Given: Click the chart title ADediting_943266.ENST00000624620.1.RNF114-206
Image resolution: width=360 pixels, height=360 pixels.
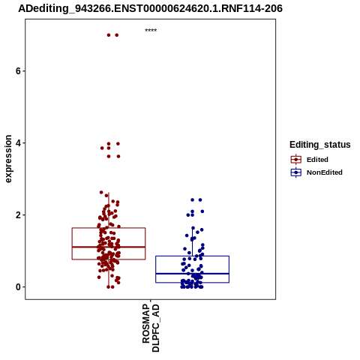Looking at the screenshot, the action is (x=150, y=8).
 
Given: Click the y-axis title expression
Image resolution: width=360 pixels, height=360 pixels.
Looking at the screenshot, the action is (x=8, y=159).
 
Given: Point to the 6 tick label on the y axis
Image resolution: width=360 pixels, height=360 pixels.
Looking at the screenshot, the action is (x=18, y=71).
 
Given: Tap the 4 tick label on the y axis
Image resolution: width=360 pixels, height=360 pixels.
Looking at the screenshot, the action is (x=18, y=143).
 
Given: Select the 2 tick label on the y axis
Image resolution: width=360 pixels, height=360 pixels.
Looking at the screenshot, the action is (x=18, y=215).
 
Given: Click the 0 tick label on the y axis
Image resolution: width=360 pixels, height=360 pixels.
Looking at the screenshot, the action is (x=18, y=287).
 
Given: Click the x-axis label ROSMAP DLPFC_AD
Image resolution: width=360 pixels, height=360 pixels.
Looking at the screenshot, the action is (x=151, y=328).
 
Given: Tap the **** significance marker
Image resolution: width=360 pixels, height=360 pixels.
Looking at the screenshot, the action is (x=151, y=31).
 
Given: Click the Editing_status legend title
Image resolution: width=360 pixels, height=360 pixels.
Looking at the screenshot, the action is (x=320, y=145).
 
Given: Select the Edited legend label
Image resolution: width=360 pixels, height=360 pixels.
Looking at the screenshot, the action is (x=317, y=160).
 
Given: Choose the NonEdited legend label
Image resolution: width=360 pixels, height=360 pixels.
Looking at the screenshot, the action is (x=325, y=172).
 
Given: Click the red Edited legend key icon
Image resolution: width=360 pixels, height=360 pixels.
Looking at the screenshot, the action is (x=296, y=160).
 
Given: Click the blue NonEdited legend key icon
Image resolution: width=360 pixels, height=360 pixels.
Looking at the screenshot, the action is (x=296, y=172).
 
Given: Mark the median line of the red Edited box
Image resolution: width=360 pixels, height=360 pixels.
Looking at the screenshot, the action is (x=109, y=247).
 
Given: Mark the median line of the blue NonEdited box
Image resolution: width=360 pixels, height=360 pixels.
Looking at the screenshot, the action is (x=192, y=274).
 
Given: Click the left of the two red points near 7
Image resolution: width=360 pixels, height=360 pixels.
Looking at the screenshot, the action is (x=109, y=35).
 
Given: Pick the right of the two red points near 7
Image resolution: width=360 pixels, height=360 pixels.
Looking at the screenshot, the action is (x=117, y=35).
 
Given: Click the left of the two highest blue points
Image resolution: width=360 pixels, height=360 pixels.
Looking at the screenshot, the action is (x=192, y=200).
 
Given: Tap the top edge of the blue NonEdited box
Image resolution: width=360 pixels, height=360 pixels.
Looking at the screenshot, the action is (x=192, y=256).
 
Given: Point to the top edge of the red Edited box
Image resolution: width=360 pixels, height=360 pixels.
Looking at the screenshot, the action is (x=109, y=228).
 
